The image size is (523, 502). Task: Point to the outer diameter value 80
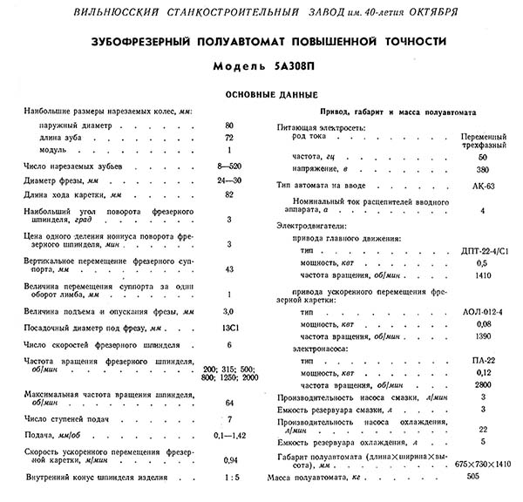230,126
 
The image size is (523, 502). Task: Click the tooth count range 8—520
230,164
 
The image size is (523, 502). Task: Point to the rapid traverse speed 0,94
230,460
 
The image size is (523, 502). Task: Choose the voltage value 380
482,168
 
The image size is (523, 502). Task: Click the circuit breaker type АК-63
482,187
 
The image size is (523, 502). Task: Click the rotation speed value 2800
482,384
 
